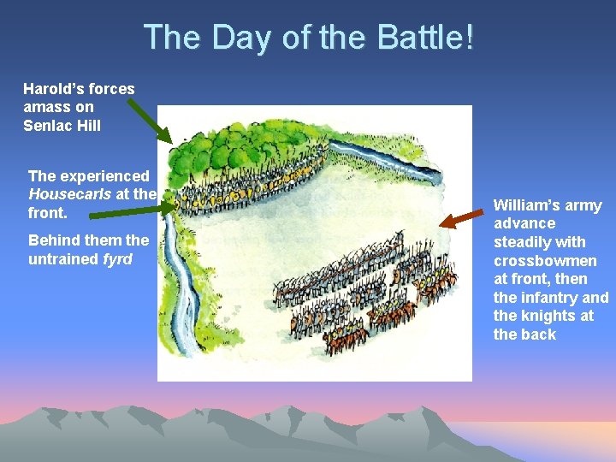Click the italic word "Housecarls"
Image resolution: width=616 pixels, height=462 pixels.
click(68, 194)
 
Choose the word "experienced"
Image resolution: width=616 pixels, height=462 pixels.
click(103, 175)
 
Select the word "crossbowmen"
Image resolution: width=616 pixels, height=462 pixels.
click(545, 261)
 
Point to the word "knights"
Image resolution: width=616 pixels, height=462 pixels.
click(539, 317)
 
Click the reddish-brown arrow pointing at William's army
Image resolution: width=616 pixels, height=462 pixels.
click(461, 218)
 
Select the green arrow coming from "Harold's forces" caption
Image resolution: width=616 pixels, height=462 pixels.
click(149, 121)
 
